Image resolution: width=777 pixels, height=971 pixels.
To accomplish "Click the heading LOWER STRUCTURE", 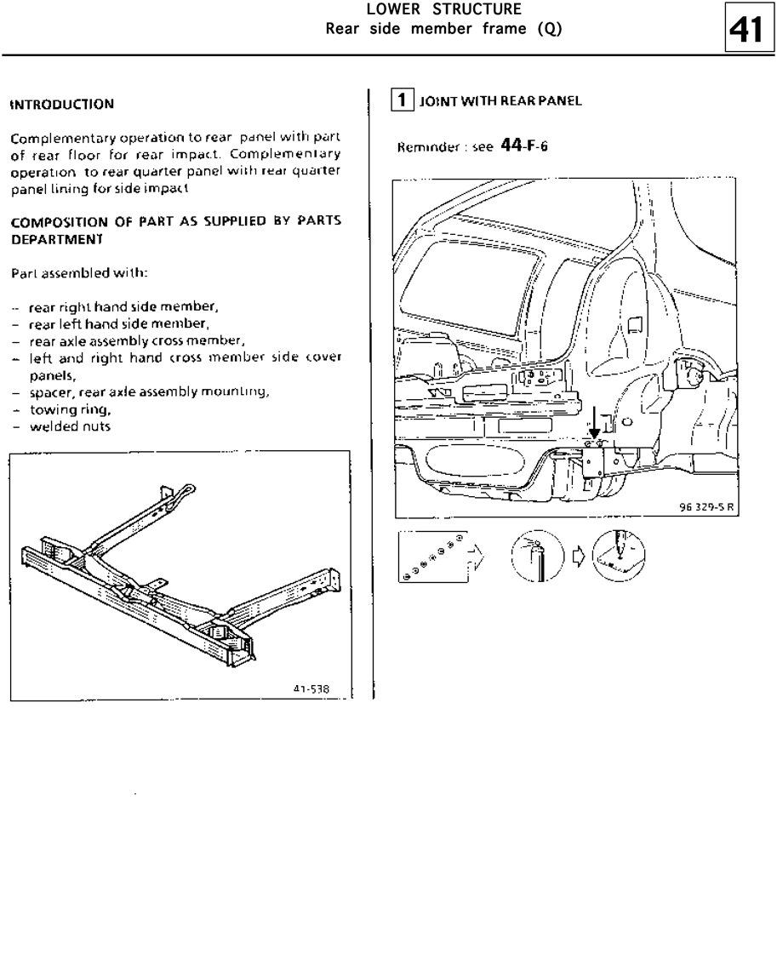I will point(443,10).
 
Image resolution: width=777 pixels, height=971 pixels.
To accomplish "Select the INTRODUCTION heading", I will point(61,105).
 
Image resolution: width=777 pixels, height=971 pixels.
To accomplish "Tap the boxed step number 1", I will point(403,100).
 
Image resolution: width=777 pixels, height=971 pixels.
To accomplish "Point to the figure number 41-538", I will point(311,688).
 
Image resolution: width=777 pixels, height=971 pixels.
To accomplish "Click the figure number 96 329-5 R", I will point(707,507).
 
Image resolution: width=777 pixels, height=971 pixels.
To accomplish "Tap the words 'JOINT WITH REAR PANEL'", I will point(500,101).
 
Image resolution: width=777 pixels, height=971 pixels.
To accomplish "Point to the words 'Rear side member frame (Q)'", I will point(443,29).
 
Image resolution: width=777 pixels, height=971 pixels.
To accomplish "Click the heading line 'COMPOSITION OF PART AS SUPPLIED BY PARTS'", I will point(175,221).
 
